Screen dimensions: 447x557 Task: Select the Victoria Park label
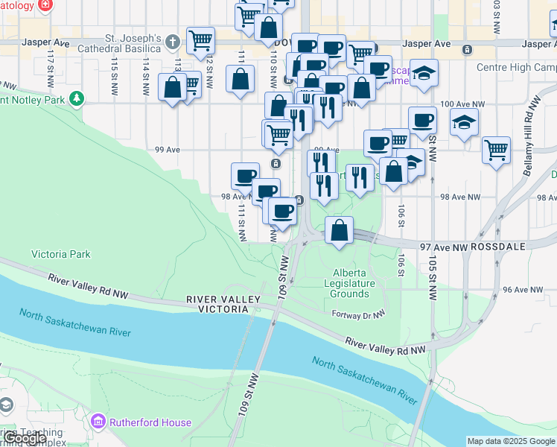coord(60,254)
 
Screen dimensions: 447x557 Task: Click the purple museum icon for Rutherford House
coord(98,422)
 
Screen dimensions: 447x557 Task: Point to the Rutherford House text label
coord(150,422)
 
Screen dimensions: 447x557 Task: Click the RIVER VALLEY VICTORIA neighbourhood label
coord(223,305)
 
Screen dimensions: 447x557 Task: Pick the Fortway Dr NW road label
coord(357,314)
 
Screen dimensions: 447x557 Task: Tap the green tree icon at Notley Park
coord(76,98)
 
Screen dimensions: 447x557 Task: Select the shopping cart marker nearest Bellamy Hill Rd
coord(496,150)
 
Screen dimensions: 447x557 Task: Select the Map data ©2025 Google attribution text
coord(511,441)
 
